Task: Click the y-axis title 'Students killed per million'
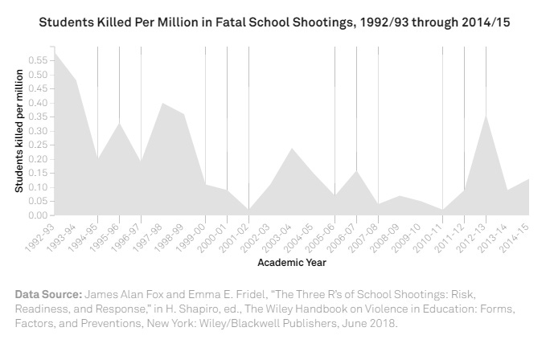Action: click(x=19, y=132)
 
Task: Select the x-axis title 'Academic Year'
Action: click(x=292, y=262)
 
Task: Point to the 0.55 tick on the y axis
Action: click(x=37, y=60)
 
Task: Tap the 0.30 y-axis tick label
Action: click(x=37, y=131)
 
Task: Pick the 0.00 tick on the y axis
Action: click(x=37, y=215)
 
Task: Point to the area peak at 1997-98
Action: click(x=162, y=103)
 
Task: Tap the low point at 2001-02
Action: click(x=248, y=210)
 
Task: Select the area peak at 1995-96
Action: click(x=119, y=123)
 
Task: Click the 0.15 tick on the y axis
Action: click(x=37, y=173)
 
